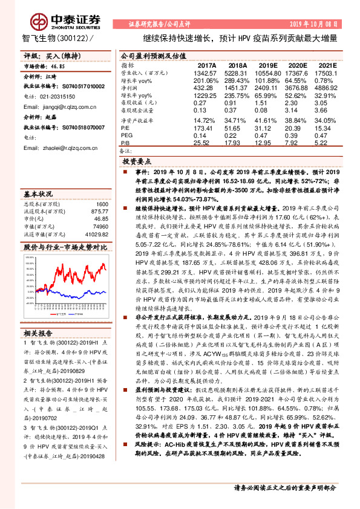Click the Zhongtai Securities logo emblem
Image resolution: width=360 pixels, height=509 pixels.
39,20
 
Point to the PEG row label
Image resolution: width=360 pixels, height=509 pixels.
126,136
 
